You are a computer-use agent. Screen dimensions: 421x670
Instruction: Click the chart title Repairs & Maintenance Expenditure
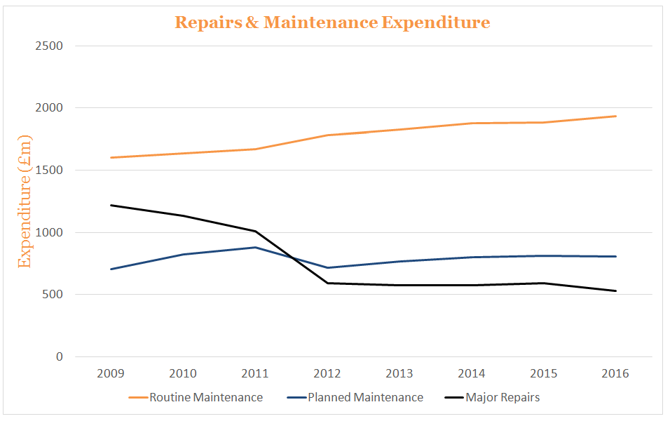(331, 22)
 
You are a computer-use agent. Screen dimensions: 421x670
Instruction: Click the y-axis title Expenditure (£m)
(25, 201)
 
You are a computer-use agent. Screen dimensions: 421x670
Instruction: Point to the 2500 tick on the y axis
(48, 46)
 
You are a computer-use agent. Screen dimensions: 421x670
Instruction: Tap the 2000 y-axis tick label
(48, 108)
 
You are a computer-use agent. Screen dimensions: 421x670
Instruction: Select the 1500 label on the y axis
(48, 171)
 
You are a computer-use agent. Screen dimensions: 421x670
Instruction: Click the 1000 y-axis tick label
(48, 232)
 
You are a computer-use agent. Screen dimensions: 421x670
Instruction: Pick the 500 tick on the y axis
(53, 295)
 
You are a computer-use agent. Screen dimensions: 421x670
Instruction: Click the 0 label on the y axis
(59, 356)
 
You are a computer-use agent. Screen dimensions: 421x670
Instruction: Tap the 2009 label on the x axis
(111, 374)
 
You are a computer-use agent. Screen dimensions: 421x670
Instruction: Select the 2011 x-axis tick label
(255, 374)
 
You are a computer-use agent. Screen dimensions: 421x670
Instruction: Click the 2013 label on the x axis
(399, 374)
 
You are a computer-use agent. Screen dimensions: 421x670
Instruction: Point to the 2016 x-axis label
(615, 374)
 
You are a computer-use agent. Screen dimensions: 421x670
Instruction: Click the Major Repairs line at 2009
(111, 206)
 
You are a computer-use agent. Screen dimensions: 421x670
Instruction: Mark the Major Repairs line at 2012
(327, 283)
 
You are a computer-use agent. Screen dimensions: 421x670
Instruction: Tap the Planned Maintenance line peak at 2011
(255, 247)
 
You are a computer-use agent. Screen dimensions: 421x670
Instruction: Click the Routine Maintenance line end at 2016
(615, 116)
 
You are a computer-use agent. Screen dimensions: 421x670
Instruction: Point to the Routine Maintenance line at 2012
(327, 135)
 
